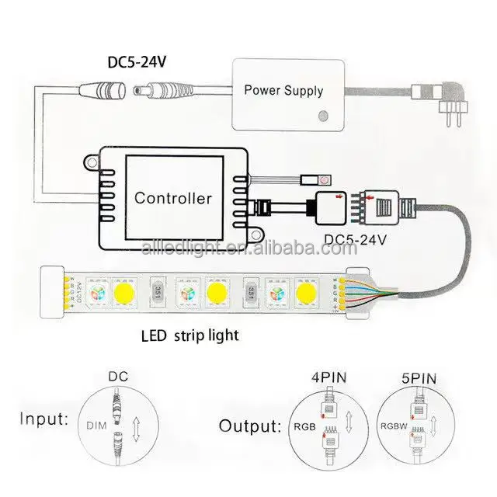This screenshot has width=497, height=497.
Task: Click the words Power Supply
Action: tap(283, 90)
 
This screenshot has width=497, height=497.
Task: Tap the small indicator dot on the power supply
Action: tap(321, 117)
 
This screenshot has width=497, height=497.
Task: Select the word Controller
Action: tap(172, 198)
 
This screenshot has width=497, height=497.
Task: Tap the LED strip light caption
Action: tap(189, 336)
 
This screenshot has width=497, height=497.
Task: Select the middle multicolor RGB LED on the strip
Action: tap(186, 292)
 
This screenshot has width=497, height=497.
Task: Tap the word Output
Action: tap(248, 426)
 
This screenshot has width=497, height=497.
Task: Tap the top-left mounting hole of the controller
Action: tap(91, 162)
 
